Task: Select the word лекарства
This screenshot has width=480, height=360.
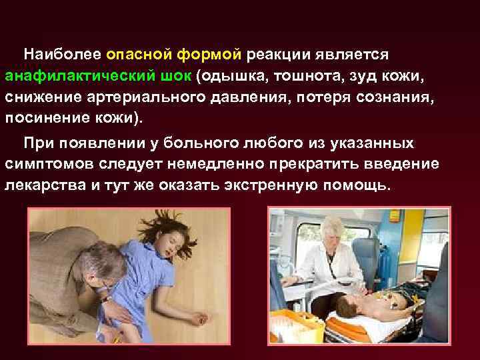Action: coord(44,185)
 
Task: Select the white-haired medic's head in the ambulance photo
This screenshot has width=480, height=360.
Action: coord(331,233)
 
